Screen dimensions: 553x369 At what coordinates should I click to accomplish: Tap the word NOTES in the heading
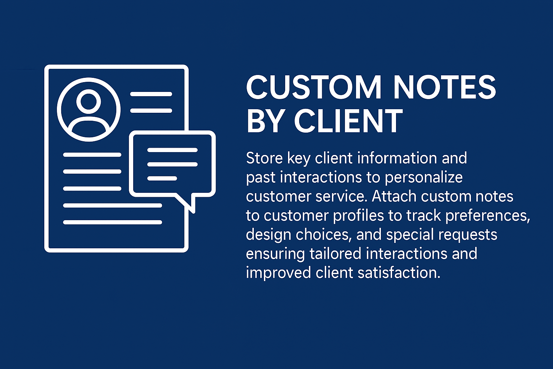pyautogui.click(x=445, y=88)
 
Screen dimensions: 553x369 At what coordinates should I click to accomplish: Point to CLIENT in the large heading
pyautogui.click(x=348, y=121)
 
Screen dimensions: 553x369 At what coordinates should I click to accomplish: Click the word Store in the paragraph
pyautogui.click(x=264, y=158)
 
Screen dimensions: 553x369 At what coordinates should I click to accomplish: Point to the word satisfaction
pyautogui.click(x=399, y=273)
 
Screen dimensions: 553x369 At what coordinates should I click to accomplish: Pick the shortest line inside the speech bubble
pyautogui.click(x=162, y=178)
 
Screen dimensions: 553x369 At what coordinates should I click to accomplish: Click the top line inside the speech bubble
pyautogui.click(x=172, y=150)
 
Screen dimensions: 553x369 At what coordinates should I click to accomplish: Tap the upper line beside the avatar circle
pyautogui.click(x=151, y=94)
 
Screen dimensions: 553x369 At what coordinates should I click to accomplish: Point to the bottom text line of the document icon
pyautogui.click(x=113, y=222)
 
